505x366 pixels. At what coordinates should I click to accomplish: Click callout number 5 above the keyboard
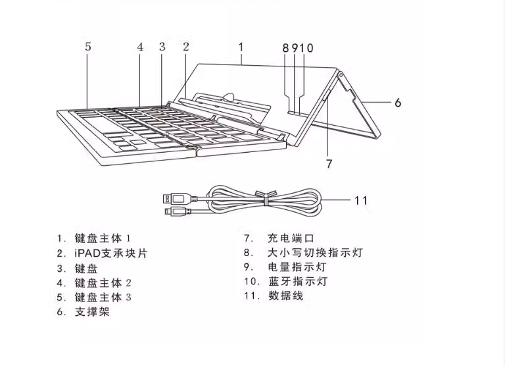(x=87, y=47)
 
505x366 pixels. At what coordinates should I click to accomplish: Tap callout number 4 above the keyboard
(x=139, y=47)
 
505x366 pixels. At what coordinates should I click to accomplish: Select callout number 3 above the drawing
(x=162, y=47)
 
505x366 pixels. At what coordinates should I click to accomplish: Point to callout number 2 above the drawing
(x=186, y=47)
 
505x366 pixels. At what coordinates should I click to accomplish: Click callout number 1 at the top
(x=241, y=47)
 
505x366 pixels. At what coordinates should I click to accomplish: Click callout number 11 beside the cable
(x=360, y=200)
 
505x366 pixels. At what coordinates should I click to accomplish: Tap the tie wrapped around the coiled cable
(x=261, y=199)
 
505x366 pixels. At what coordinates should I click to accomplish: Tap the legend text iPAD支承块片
(x=110, y=253)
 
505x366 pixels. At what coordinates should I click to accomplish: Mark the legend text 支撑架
(x=92, y=311)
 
